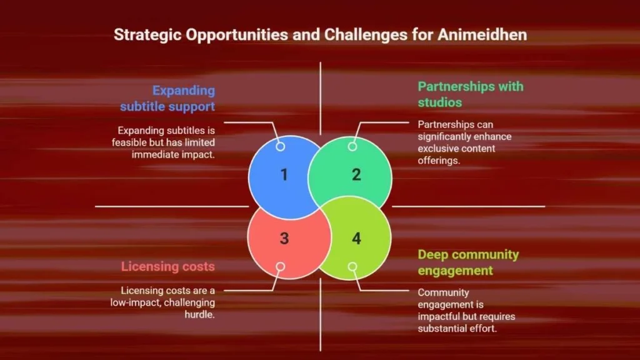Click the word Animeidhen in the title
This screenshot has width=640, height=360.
[482, 35]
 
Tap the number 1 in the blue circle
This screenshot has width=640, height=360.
[284, 175]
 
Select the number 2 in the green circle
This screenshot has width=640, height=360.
[356, 175]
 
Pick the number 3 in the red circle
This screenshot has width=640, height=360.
[284, 238]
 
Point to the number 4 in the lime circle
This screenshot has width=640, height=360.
[356, 238]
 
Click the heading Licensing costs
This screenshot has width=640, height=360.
[167, 266]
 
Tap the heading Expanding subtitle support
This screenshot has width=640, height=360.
[167, 98]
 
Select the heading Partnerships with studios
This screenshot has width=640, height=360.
[471, 94]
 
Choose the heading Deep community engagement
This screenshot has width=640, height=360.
[468, 262]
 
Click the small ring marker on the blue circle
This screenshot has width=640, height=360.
[281, 146]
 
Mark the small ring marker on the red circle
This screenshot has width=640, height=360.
[281, 266]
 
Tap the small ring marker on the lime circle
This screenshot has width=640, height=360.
[352, 266]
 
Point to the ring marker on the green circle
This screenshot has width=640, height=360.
[352, 146]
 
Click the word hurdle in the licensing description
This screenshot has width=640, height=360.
[199, 315]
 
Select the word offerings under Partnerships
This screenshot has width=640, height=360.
[439, 161]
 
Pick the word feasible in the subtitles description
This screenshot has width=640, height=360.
[127, 142]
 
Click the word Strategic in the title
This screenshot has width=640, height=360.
[147, 35]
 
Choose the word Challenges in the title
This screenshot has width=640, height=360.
[366, 35]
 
